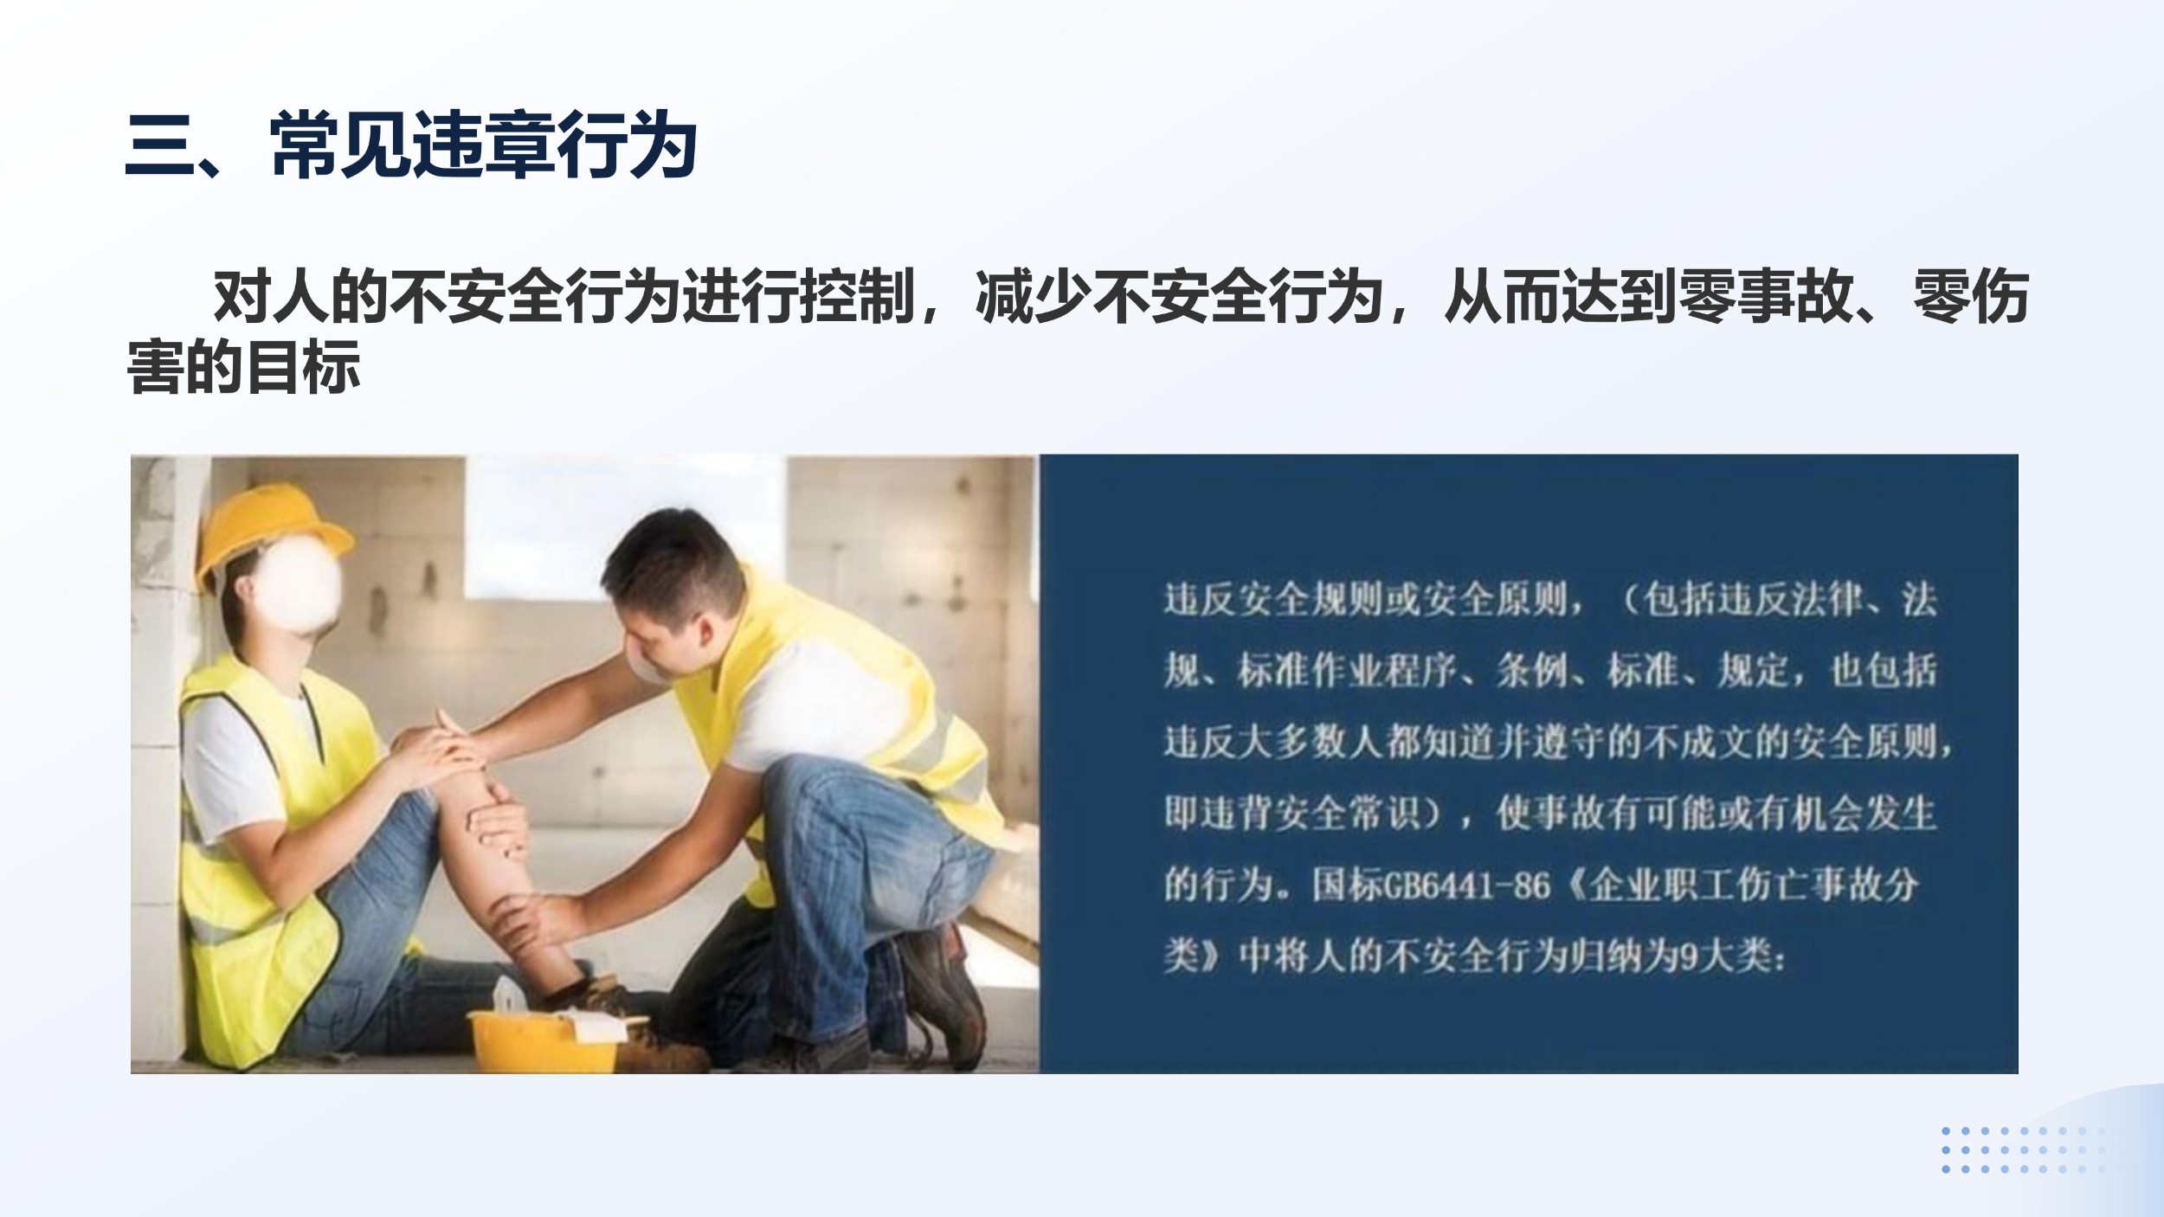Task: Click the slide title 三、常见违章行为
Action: pos(411,145)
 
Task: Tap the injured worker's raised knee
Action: pos(433,744)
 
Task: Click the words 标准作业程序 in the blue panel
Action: pos(1347,671)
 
